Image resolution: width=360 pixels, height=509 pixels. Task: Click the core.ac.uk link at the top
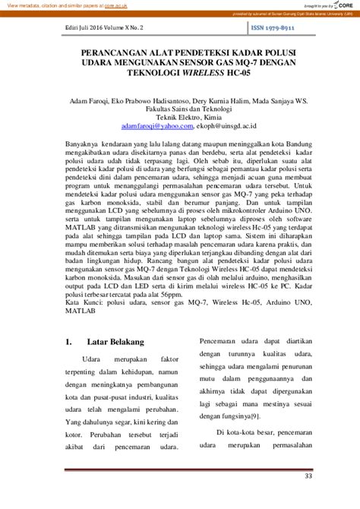coord(116,5)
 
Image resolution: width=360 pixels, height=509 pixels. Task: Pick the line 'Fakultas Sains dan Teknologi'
coord(180,109)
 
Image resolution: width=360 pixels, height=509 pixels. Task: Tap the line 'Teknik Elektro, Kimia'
coord(180,119)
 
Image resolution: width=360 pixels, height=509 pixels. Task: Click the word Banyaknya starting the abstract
coord(84,143)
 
